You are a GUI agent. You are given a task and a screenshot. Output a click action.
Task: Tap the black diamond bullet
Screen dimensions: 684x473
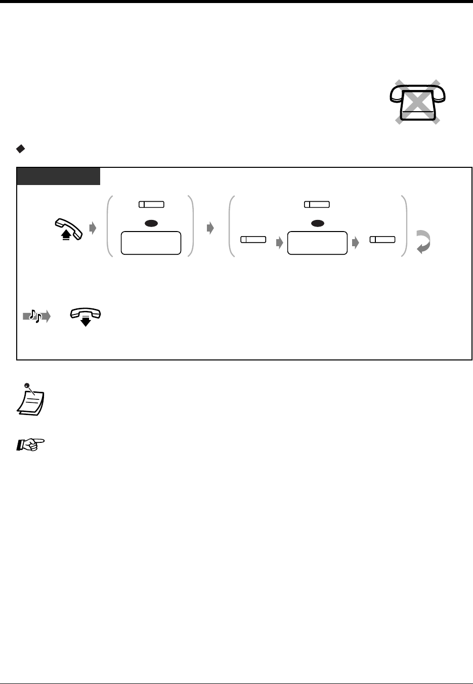21,149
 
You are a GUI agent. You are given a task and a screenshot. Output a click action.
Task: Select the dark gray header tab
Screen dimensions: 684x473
59,176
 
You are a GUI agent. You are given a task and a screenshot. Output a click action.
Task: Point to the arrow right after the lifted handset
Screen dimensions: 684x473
92,228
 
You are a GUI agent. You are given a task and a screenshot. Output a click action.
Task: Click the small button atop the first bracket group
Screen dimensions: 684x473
151,204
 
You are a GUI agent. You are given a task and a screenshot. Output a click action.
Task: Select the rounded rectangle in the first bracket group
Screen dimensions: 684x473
151,243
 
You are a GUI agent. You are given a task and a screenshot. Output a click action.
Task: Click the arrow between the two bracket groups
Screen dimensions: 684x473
210,228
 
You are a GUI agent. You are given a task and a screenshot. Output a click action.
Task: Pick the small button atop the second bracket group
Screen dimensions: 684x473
317,204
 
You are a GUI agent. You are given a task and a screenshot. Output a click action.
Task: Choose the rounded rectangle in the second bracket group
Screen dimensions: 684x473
317,243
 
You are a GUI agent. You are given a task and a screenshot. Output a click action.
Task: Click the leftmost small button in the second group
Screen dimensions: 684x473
253,239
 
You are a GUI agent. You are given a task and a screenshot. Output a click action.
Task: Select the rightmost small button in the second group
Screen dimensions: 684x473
382,239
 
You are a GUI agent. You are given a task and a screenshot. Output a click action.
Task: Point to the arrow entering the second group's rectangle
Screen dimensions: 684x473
279,243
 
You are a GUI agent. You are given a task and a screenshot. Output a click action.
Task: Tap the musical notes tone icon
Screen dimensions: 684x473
36,317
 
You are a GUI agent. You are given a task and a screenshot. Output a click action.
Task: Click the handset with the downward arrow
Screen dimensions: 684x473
85,317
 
